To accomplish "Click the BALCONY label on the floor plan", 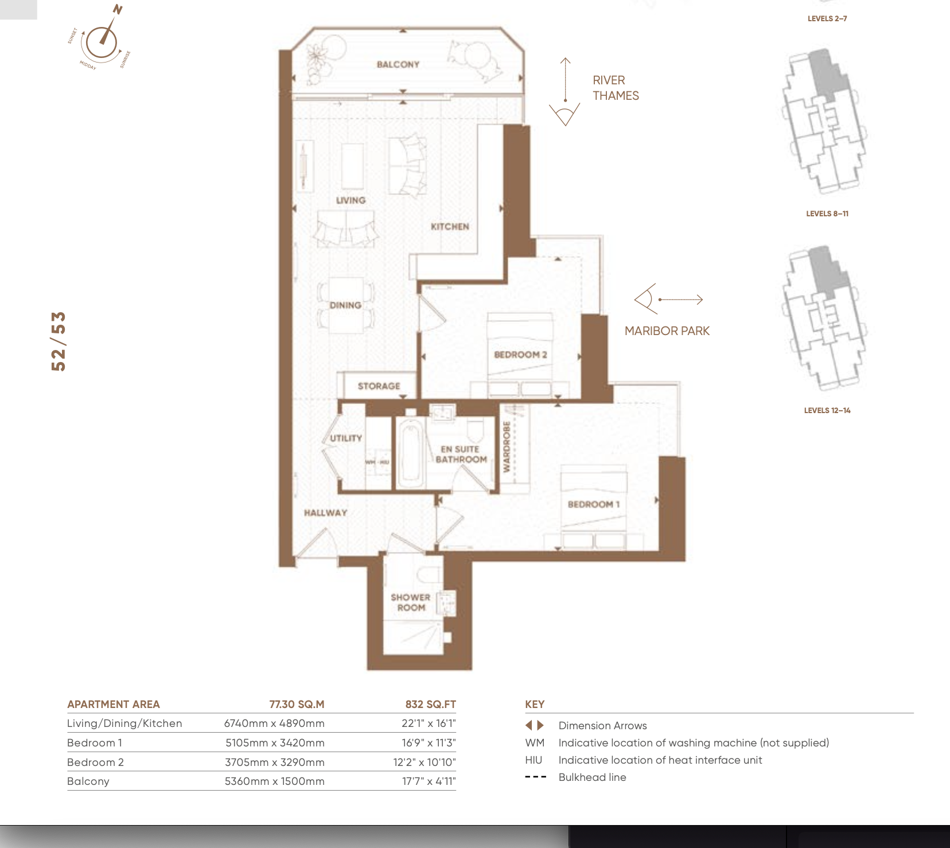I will [398, 64].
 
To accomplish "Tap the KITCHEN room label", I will [450, 227].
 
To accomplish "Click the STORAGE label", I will [379, 386].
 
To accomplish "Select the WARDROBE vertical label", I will [507, 446].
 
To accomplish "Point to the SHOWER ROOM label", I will [411, 602].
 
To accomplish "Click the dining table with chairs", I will [345, 305].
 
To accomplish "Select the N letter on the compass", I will [117, 10].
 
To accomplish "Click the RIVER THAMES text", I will [616, 88].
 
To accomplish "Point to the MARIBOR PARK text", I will [667, 331].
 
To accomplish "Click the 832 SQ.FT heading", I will [430, 704].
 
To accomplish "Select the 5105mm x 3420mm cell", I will [275, 742].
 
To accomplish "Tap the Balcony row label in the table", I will [88, 781].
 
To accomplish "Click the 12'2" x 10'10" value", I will [425, 762].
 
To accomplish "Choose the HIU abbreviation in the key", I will [534, 760].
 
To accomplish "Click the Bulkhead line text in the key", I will [592, 777].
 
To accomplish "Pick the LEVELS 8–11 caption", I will [827, 213].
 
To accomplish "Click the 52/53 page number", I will [59, 341].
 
